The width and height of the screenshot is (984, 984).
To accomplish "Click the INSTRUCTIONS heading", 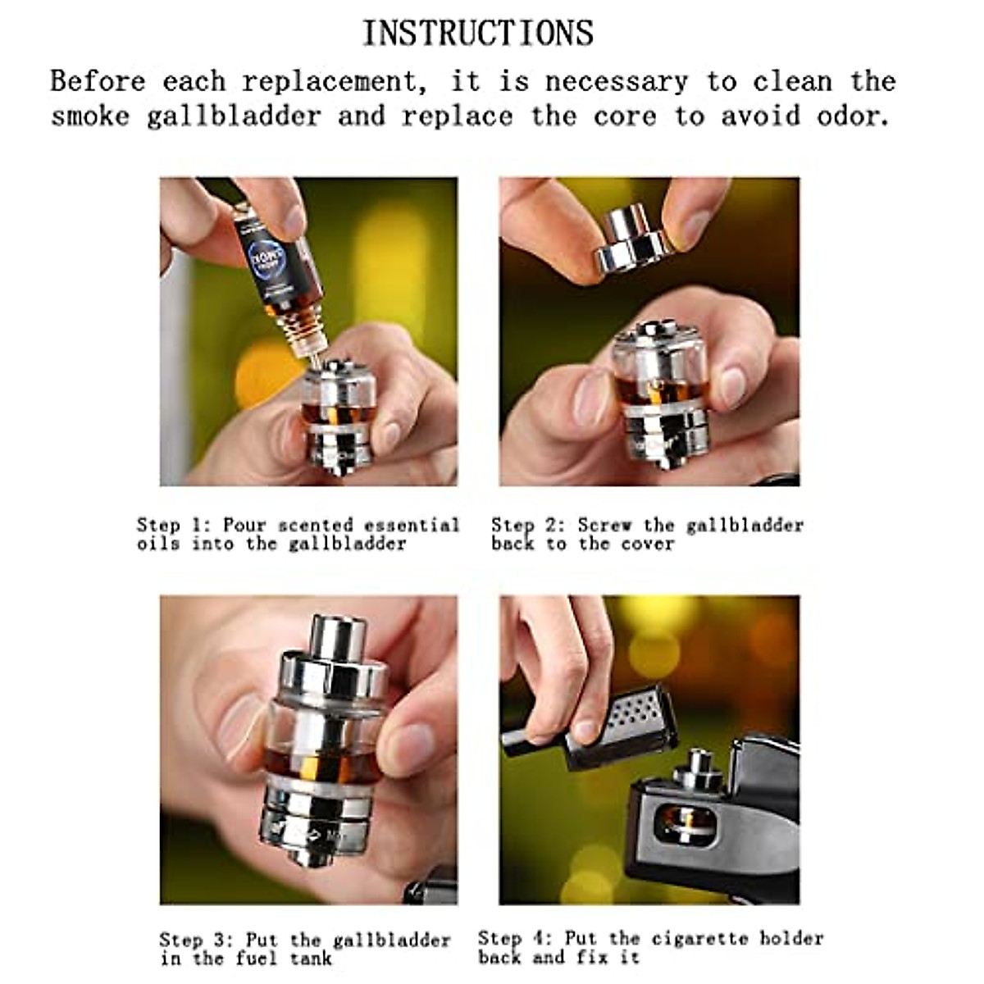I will pyautogui.click(x=478, y=34).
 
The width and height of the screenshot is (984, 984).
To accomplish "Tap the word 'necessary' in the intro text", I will pyautogui.click(x=616, y=82).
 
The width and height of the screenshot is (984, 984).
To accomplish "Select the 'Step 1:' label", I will pyautogui.click(x=174, y=525).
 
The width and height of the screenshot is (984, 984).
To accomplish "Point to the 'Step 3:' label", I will pyautogui.click(x=197, y=940).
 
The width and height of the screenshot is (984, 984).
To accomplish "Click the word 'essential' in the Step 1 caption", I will pyautogui.click(x=412, y=525).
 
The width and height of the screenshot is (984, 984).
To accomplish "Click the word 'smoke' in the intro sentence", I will pyautogui.click(x=90, y=116).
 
